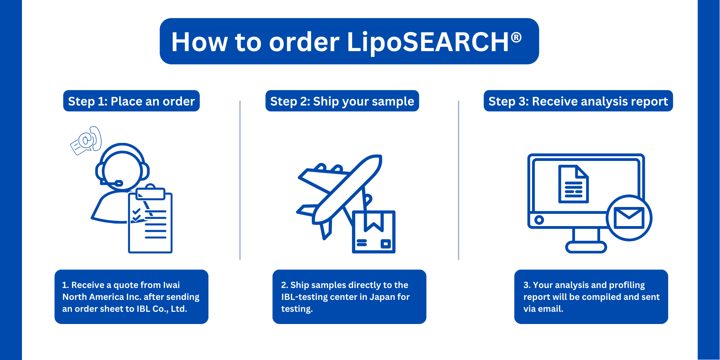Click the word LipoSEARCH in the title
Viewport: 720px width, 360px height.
pos(428,42)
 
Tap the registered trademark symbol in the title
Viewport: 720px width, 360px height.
pos(516,37)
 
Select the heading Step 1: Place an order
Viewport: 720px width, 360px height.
pos(131,101)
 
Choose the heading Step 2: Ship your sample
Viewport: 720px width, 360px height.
pos(342,101)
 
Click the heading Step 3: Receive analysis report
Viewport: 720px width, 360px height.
pos(578,101)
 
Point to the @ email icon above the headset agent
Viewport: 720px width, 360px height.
pos(86,140)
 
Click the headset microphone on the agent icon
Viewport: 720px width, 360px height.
pos(112,183)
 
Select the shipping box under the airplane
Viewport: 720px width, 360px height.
pos(374,232)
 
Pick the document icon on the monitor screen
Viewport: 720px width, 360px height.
pos(573,184)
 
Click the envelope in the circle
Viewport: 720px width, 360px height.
pos(629,218)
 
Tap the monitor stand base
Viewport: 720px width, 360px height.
pos(586,247)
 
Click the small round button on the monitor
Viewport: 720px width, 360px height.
pos(539,220)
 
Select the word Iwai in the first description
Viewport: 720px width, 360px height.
pos(171,285)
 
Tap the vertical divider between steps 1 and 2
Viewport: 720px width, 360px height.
pos(240,180)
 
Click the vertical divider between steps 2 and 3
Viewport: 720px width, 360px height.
pos(458,180)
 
